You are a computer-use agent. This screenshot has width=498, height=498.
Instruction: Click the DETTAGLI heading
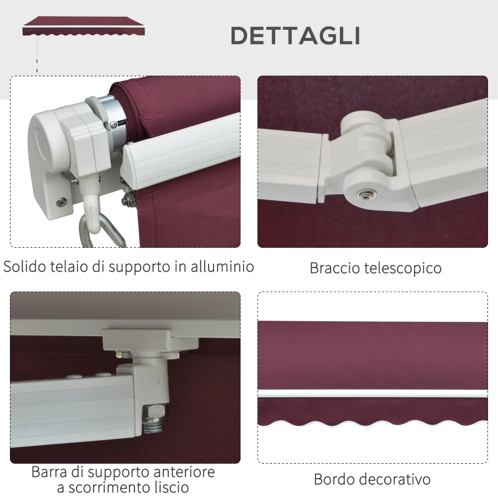(x=295, y=35)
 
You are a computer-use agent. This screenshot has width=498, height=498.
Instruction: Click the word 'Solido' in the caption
(x=27, y=267)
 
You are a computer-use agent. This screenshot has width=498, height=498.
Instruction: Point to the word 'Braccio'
(x=336, y=268)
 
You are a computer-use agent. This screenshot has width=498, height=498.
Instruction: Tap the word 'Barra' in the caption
(x=50, y=472)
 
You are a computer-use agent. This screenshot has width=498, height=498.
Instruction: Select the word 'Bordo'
(x=335, y=479)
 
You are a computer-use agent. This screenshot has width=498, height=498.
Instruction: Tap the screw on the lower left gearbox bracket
(x=60, y=200)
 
